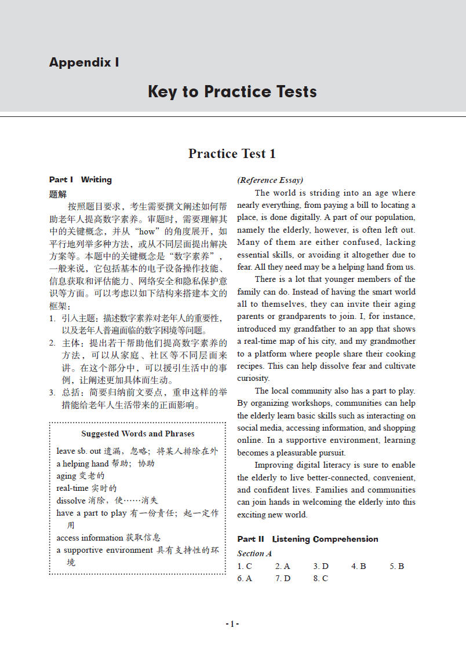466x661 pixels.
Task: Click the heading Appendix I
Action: (84, 63)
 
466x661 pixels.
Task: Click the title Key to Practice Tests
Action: (232, 91)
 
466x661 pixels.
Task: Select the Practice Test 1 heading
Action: (232, 153)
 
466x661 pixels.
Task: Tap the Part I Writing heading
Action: (81, 179)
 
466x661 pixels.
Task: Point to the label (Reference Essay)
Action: (270, 180)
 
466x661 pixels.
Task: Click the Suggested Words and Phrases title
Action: (137, 434)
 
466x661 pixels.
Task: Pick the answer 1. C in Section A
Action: (245, 566)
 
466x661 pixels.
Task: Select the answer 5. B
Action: (396, 566)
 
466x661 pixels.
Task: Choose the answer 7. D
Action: (283, 578)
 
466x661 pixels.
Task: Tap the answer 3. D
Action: (321, 566)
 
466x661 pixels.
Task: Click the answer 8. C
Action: (321, 578)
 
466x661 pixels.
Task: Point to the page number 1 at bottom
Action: (232, 624)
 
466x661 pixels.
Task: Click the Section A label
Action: (254, 553)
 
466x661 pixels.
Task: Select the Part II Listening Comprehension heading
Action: (308, 539)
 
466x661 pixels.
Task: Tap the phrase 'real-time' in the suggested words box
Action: (72, 488)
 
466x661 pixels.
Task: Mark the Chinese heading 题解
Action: (58, 194)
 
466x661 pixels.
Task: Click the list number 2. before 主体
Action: (52, 343)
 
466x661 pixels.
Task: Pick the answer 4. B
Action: (359, 566)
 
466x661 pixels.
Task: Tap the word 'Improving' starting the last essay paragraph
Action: (274, 465)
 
